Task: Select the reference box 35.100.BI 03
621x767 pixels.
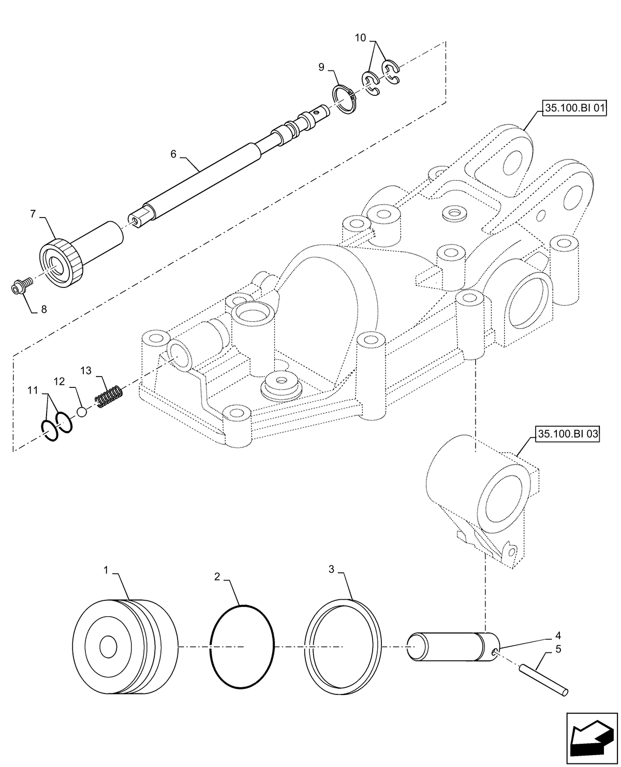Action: (x=567, y=434)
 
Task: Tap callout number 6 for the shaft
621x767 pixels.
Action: (x=173, y=154)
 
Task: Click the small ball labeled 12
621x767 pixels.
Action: (x=82, y=412)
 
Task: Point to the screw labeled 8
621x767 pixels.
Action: (x=21, y=285)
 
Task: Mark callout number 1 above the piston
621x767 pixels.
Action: (x=106, y=570)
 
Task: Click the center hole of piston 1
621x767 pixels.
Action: (x=109, y=646)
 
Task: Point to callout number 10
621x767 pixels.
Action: (x=361, y=38)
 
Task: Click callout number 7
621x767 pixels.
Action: (x=33, y=213)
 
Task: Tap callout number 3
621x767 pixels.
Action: (x=331, y=569)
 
